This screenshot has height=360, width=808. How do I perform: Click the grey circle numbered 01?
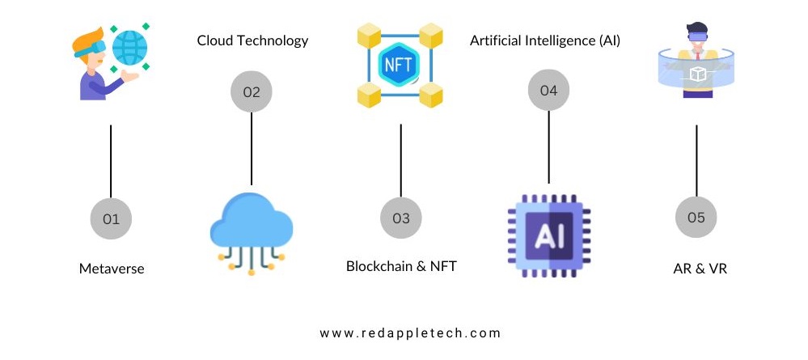point(111,218)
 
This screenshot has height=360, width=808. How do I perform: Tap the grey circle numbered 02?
point(252,91)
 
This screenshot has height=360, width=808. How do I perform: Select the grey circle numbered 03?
point(401,218)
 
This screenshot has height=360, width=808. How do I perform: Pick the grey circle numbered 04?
point(548,91)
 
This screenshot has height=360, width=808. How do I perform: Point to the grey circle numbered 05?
point(696,218)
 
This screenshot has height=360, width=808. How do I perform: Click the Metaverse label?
point(112,269)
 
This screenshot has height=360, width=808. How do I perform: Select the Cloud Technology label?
point(252,40)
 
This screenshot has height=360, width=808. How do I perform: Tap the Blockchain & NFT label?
point(401,265)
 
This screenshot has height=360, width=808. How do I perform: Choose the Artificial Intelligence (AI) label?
point(545,40)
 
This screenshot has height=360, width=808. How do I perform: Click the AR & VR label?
point(696,269)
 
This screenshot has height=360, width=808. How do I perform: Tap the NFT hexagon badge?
point(400,63)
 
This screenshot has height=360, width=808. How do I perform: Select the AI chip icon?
point(549,235)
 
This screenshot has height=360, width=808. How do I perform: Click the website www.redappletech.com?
point(410,332)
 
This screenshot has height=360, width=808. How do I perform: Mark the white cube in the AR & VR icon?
point(696,74)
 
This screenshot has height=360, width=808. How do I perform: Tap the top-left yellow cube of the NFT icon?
point(369,35)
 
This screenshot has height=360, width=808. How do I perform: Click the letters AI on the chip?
point(549,235)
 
